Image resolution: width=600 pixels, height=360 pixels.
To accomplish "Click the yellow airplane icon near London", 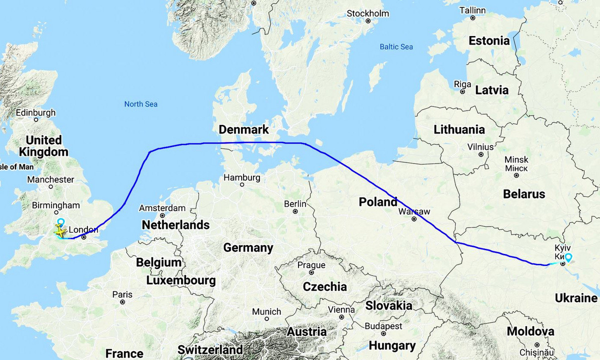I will (x=60, y=232).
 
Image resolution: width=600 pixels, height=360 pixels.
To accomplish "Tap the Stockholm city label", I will (x=368, y=13).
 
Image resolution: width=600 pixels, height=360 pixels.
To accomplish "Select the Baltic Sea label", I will (x=396, y=46).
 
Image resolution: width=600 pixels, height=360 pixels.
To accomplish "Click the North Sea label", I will (x=141, y=104).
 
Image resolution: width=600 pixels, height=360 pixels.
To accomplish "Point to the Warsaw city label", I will (x=414, y=211).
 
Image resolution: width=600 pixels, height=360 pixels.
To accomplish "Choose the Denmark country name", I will (x=244, y=130).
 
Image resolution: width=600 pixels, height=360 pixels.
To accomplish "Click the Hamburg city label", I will (x=241, y=177).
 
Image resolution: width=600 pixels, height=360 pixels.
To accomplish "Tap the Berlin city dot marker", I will (x=295, y=211).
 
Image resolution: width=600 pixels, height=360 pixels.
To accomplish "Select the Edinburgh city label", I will (x=35, y=112).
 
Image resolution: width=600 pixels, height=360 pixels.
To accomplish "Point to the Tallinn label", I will (x=472, y=10).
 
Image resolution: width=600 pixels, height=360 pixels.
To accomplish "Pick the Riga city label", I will (x=462, y=84).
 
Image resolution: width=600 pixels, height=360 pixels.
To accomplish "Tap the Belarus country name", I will (x=524, y=194).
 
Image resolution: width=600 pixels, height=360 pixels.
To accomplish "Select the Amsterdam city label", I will (x=162, y=208).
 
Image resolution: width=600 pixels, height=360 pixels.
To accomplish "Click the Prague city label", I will (x=311, y=265).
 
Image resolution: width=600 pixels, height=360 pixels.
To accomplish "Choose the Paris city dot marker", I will (x=122, y=302).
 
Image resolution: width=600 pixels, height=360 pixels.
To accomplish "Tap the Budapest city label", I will (x=383, y=326).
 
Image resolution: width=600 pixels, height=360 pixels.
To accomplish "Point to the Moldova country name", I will (x=530, y=331).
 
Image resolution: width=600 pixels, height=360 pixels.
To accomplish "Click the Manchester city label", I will (x=50, y=179).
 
